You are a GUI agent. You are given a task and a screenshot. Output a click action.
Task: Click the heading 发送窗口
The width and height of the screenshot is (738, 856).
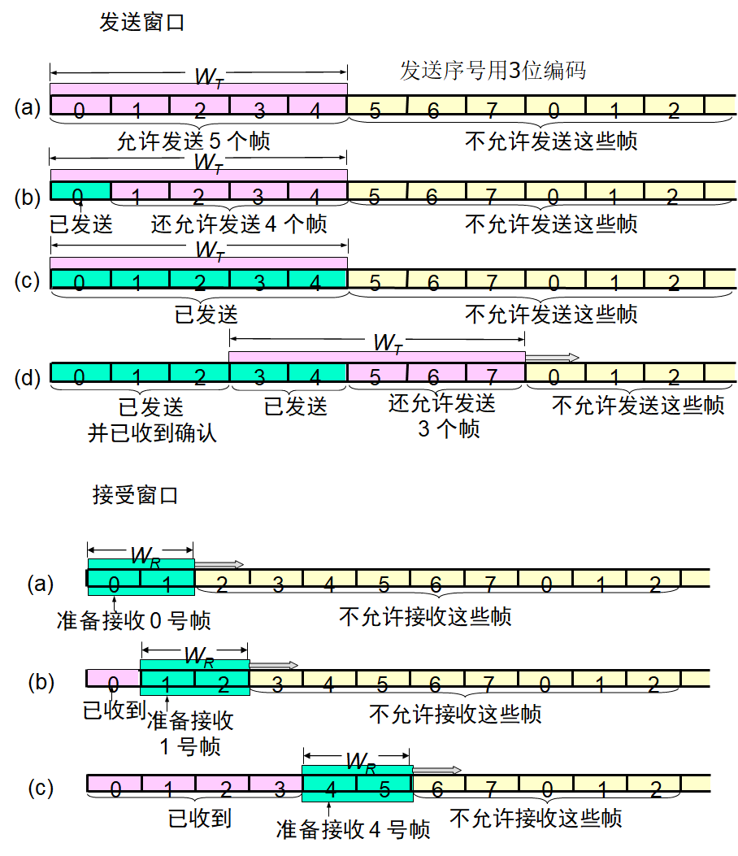(141, 22)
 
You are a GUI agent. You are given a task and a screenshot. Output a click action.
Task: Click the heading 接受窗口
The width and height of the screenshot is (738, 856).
(135, 494)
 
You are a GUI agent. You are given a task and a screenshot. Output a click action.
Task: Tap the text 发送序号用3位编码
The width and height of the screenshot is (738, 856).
(493, 71)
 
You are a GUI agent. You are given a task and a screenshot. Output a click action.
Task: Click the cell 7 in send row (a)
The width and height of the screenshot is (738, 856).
(494, 106)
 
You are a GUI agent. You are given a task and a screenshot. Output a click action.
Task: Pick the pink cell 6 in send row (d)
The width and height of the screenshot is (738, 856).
(435, 374)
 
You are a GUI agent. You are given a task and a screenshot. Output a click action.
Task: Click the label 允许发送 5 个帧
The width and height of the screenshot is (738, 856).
(193, 141)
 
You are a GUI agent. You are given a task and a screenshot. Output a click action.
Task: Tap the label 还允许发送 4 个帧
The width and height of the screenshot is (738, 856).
(239, 224)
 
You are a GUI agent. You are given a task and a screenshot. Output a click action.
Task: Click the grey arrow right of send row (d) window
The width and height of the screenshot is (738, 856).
(553, 357)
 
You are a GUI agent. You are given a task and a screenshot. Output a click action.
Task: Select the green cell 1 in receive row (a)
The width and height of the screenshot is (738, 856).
(167, 580)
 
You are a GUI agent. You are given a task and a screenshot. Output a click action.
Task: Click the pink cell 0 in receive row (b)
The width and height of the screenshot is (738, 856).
(113, 679)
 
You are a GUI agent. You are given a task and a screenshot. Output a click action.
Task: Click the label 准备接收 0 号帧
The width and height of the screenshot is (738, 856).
(134, 621)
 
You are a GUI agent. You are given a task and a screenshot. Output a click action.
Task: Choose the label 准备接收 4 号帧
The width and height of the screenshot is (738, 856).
(353, 830)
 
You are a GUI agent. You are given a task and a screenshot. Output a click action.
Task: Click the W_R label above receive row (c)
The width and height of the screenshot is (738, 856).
(360, 762)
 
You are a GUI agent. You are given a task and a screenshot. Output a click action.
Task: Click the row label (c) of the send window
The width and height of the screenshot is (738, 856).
(28, 280)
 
